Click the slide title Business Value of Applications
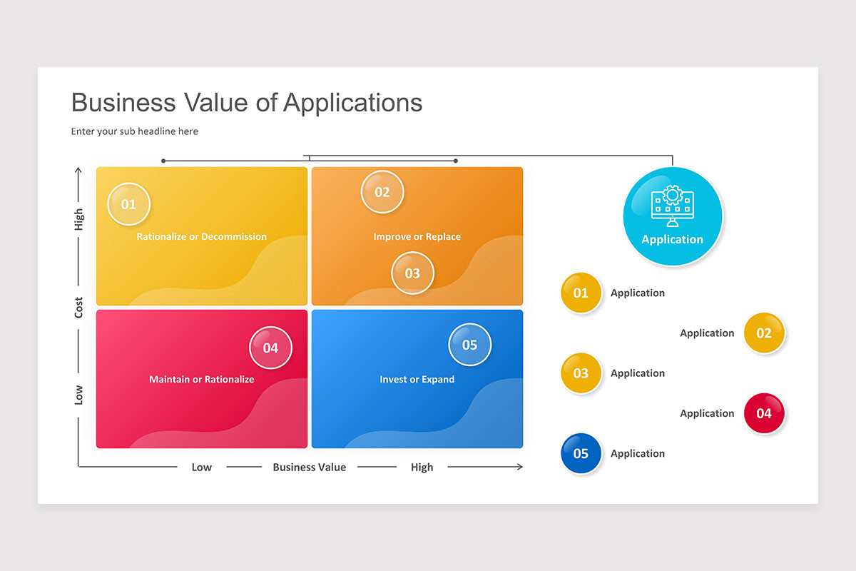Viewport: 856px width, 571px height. pyautogui.click(x=247, y=103)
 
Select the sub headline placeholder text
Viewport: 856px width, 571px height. pyautogui.click(x=135, y=131)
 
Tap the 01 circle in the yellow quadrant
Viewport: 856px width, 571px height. pyautogui.click(x=128, y=204)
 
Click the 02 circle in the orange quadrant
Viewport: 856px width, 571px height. pyautogui.click(x=382, y=192)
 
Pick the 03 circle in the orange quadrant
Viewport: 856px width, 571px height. pyautogui.click(x=412, y=273)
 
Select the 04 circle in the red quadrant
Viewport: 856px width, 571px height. pyautogui.click(x=270, y=348)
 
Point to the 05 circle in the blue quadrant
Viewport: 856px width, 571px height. pyautogui.click(x=469, y=345)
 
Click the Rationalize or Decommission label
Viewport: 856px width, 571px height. pyautogui.click(x=202, y=237)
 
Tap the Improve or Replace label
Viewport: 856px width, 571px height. pyautogui.click(x=417, y=237)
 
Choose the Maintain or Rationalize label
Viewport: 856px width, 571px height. pyautogui.click(x=202, y=380)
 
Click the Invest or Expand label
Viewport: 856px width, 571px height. pyautogui.click(x=417, y=380)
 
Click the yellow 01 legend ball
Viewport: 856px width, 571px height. pyautogui.click(x=581, y=293)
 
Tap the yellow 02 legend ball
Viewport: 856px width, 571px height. pyautogui.click(x=764, y=333)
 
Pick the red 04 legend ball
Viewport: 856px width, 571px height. pyautogui.click(x=764, y=413)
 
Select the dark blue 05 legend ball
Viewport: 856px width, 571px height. pyautogui.click(x=581, y=453)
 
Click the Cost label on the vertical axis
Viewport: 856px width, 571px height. pyautogui.click(x=79, y=308)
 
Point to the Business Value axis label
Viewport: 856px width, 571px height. pyautogui.click(x=310, y=468)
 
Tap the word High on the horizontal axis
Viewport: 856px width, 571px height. pyautogui.click(x=422, y=468)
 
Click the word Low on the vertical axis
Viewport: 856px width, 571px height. pyautogui.click(x=79, y=395)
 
